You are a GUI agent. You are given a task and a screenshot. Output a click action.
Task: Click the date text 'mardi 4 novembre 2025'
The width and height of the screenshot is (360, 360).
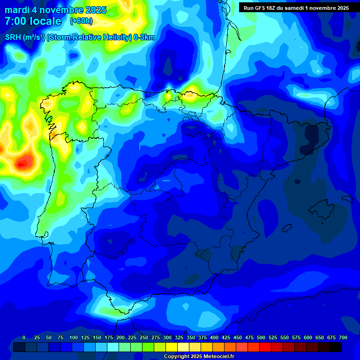click(x=55, y=10)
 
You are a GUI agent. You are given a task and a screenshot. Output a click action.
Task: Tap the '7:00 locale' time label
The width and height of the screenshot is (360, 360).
click(x=33, y=21)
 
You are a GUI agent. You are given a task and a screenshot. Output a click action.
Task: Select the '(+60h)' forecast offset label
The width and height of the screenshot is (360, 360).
click(x=81, y=21)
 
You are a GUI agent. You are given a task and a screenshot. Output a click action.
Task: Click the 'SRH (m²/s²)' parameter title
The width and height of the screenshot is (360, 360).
click(x=24, y=37)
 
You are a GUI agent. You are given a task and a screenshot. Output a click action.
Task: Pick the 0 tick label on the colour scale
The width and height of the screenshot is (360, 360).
click(x=24, y=337)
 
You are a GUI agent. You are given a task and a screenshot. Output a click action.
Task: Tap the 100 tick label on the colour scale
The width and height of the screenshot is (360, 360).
click(x=73, y=337)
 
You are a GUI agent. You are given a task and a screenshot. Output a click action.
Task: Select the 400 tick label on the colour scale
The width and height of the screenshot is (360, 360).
click(x=214, y=337)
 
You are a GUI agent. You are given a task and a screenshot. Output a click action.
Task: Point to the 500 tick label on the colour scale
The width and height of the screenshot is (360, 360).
click(x=261, y=337)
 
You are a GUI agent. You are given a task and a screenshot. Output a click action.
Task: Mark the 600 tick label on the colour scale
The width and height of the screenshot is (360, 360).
click(x=308, y=337)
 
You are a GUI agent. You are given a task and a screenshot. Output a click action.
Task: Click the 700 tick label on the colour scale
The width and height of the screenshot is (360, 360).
click(x=343, y=337)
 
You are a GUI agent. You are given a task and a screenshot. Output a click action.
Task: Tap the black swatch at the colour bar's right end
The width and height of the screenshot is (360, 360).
click(x=336, y=347)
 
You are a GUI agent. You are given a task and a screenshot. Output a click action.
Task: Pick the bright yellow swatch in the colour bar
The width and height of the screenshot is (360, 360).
click(x=172, y=347)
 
